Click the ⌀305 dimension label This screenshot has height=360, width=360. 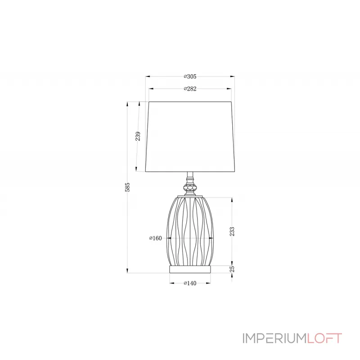click(x=190, y=76)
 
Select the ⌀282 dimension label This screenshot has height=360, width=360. click(x=190, y=89)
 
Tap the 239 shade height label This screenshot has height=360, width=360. click(x=138, y=136)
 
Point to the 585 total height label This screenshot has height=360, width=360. click(x=127, y=187)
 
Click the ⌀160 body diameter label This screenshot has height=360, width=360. click(x=156, y=238)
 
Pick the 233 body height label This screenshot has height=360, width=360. click(x=232, y=231)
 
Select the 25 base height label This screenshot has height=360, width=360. click(x=232, y=269)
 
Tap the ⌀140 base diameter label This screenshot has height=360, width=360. click(x=190, y=283)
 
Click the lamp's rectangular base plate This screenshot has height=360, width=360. click(x=190, y=269)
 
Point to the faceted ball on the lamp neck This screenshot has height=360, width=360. click(x=190, y=188)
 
